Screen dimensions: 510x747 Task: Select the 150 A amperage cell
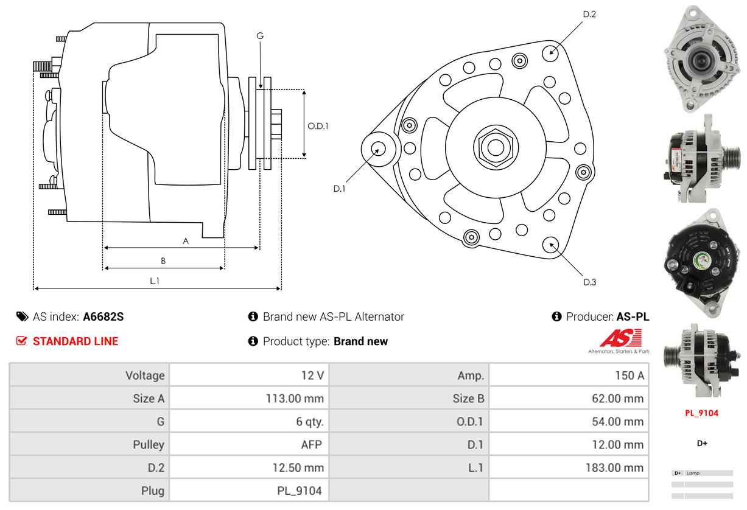pyautogui.click(x=629, y=376)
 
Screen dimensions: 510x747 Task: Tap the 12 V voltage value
pyautogui.click(x=312, y=376)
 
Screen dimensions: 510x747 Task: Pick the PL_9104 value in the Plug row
pyautogui.click(x=300, y=491)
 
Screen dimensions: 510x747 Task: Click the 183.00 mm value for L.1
pyautogui.click(x=617, y=468)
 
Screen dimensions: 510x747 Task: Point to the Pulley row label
pyautogui.click(x=149, y=445)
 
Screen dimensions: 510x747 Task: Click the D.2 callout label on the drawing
pyautogui.click(x=589, y=14)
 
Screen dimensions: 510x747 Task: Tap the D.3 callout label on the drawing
pyautogui.click(x=589, y=282)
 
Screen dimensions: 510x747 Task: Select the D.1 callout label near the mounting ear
pyautogui.click(x=339, y=189)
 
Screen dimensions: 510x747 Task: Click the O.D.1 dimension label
pyautogui.click(x=318, y=127)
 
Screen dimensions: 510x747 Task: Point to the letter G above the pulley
pyautogui.click(x=260, y=36)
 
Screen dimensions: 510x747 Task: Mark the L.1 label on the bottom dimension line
pyautogui.click(x=155, y=281)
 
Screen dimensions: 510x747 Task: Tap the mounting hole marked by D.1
pyautogui.click(x=378, y=148)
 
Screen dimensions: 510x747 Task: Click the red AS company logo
pyautogui.click(x=620, y=338)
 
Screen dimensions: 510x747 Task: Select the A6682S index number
pyautogui.click(x=103, y=316)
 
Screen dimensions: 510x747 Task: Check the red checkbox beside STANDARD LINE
pyautogui.click(x=22, y=341)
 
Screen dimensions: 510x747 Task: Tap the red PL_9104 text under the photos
pyautogui.click(x=701, y=413)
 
